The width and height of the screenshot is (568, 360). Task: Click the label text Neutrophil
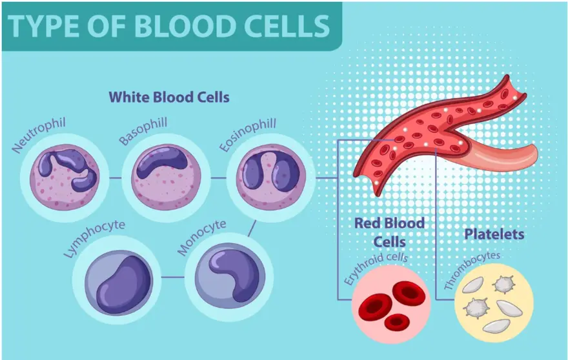coord(39,136)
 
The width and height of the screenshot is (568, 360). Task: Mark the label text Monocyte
coord(204,236)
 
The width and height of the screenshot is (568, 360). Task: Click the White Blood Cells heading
coord(169,97)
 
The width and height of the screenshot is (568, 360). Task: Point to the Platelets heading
coord(494,234)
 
